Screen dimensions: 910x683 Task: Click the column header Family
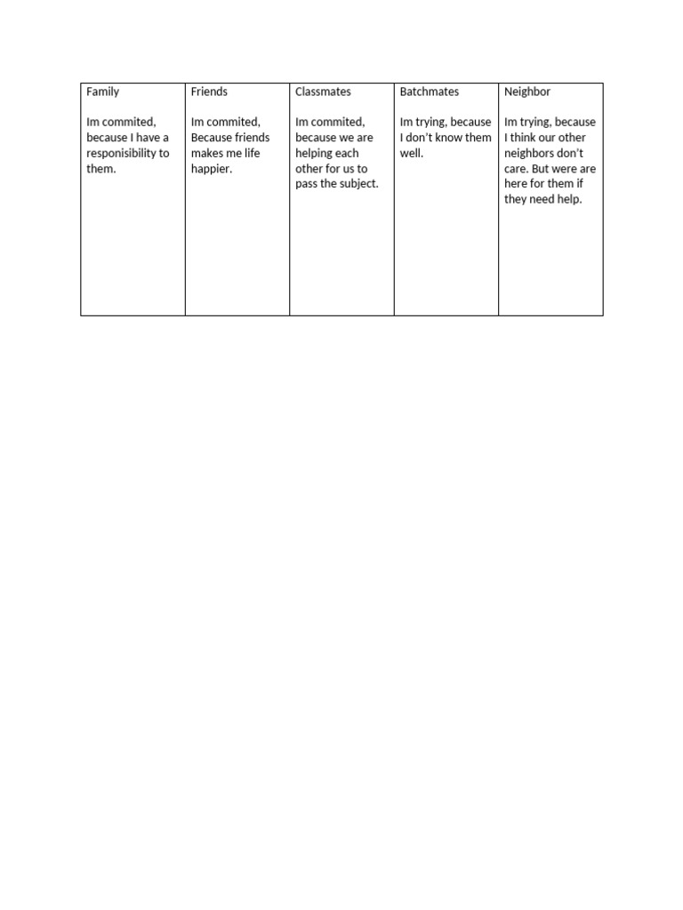point(102,92)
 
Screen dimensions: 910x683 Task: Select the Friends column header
point(209,92)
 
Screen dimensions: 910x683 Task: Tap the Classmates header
point(323,92)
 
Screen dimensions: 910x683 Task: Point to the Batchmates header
point(430,92)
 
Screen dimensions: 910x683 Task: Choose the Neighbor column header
point(527,92)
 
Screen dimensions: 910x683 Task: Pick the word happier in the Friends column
point(211,169)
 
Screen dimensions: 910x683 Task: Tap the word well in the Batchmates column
point(411,153)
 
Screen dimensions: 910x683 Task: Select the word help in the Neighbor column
point(568,199)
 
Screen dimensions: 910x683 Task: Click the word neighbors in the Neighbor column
point(533,153)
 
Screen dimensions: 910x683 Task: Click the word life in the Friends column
point(252,153)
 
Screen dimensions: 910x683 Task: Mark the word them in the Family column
point(100,169)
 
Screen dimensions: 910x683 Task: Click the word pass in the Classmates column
point(308,184)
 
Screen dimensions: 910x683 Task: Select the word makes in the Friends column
point(208,153)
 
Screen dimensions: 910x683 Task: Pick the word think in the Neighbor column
point(527,138)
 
